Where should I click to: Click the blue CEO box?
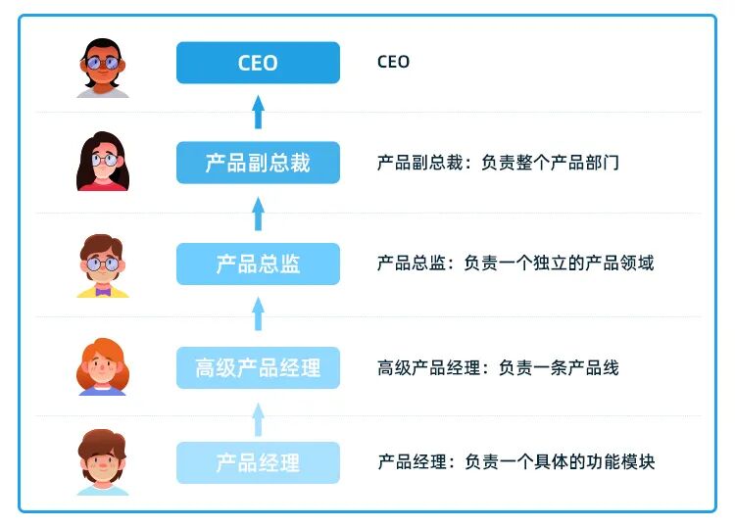[x=258, y=63]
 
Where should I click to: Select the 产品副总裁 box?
[x=258, y=163]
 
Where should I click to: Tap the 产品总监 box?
[x=258, y=263]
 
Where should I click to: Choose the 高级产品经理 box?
[x=258, y=367]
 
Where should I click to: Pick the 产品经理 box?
[x=258, y=462]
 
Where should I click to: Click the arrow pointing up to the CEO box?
[x=258, y=112]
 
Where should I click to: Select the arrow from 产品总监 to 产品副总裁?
[x=258, y=213]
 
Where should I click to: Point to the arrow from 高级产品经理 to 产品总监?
[x=258, y=313]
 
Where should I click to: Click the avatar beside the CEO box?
[x=103, y=67]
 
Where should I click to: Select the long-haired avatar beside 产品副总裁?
[x=103, y=162]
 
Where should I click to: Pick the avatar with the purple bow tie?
[x=103, y=265]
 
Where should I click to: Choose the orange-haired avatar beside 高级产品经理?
[x=103, y=366]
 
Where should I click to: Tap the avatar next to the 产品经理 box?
[x=103, y=462]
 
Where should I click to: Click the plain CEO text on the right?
[x=393, y=62]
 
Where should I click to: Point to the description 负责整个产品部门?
[x=550, y=163]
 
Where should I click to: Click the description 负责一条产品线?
[x=559, y=367]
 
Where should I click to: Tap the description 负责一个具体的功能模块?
[x=560, y=461]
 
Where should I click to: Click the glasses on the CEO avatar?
[x=102, y=64]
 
